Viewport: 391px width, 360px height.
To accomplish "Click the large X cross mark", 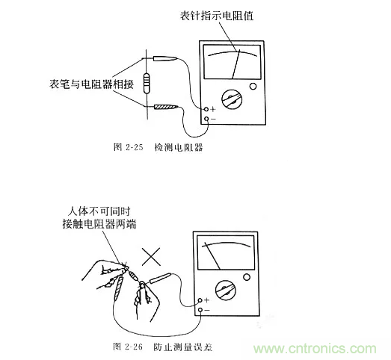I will pos(152,258).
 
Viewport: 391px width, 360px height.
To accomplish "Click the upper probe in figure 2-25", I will pos(166,58).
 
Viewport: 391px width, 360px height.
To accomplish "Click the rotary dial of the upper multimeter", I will pos(233,100).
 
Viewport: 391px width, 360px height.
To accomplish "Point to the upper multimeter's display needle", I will pos(235,63).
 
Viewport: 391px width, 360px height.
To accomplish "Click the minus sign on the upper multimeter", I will pos(214,120).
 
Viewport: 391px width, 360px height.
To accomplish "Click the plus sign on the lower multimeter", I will pos(206,300).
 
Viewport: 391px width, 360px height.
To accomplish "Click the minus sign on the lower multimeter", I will pos(206,309).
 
